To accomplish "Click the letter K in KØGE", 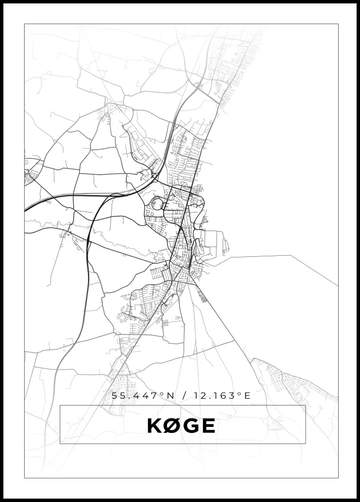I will point(154,426).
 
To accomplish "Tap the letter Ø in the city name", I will point(171,426).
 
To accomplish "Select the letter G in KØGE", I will point(190,426).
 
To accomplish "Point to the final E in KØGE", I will point(207,426).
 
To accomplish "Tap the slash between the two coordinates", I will point(184,395).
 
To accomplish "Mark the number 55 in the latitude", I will point(118,395).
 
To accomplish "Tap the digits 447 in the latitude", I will point(144,395).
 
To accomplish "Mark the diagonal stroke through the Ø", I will point(171,426).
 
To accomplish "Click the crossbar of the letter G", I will point(193,427).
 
